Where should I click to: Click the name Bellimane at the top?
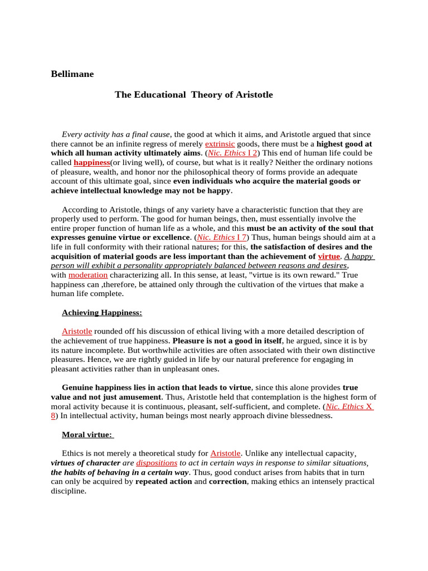[72, 74]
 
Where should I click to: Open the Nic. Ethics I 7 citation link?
[222, 238]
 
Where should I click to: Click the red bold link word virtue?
[328, 256]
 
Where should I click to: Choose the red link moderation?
[88, 275]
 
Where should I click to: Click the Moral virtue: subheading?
[87, 434]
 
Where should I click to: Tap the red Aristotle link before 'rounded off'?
[77, 331]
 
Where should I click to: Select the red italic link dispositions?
[157, 463]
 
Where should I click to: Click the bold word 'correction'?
[227, 482]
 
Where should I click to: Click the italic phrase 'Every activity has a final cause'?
[115, 134]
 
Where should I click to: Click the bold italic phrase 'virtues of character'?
[85, 463]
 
